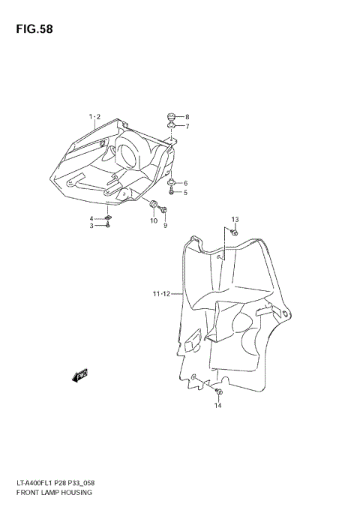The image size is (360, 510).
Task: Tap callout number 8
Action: (x=187, y=117)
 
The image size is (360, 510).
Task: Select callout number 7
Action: (x=187, y=127)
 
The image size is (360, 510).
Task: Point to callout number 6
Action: (x=185, y=183)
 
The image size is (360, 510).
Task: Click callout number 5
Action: (x=185, y=192)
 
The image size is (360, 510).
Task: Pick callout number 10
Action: (x=153, y=220)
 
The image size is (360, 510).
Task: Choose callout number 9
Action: (x=165, y=226)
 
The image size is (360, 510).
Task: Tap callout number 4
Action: (x=92, y=218)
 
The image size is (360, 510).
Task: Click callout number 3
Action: (x=92, y=226)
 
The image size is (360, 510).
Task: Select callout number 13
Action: (x=235, y=219)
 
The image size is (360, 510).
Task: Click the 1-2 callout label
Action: (x=94, y=117)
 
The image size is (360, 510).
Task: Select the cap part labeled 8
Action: (x=172, y=117)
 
